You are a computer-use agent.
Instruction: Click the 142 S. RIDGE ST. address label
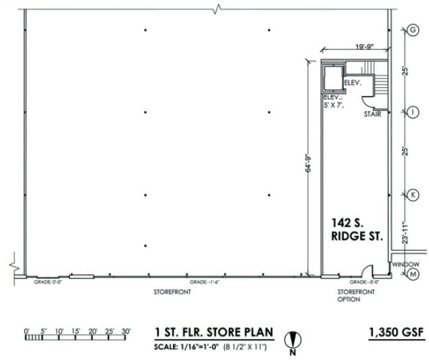357,229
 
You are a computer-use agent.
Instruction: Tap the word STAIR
372,114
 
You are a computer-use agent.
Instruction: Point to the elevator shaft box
332,78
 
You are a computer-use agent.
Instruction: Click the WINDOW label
406,264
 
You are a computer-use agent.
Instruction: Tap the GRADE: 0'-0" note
47,282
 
